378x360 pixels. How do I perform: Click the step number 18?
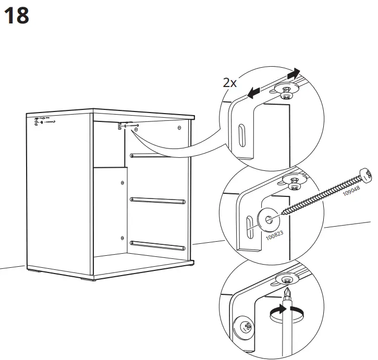(16, 16)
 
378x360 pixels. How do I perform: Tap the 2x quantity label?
(230, 83)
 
